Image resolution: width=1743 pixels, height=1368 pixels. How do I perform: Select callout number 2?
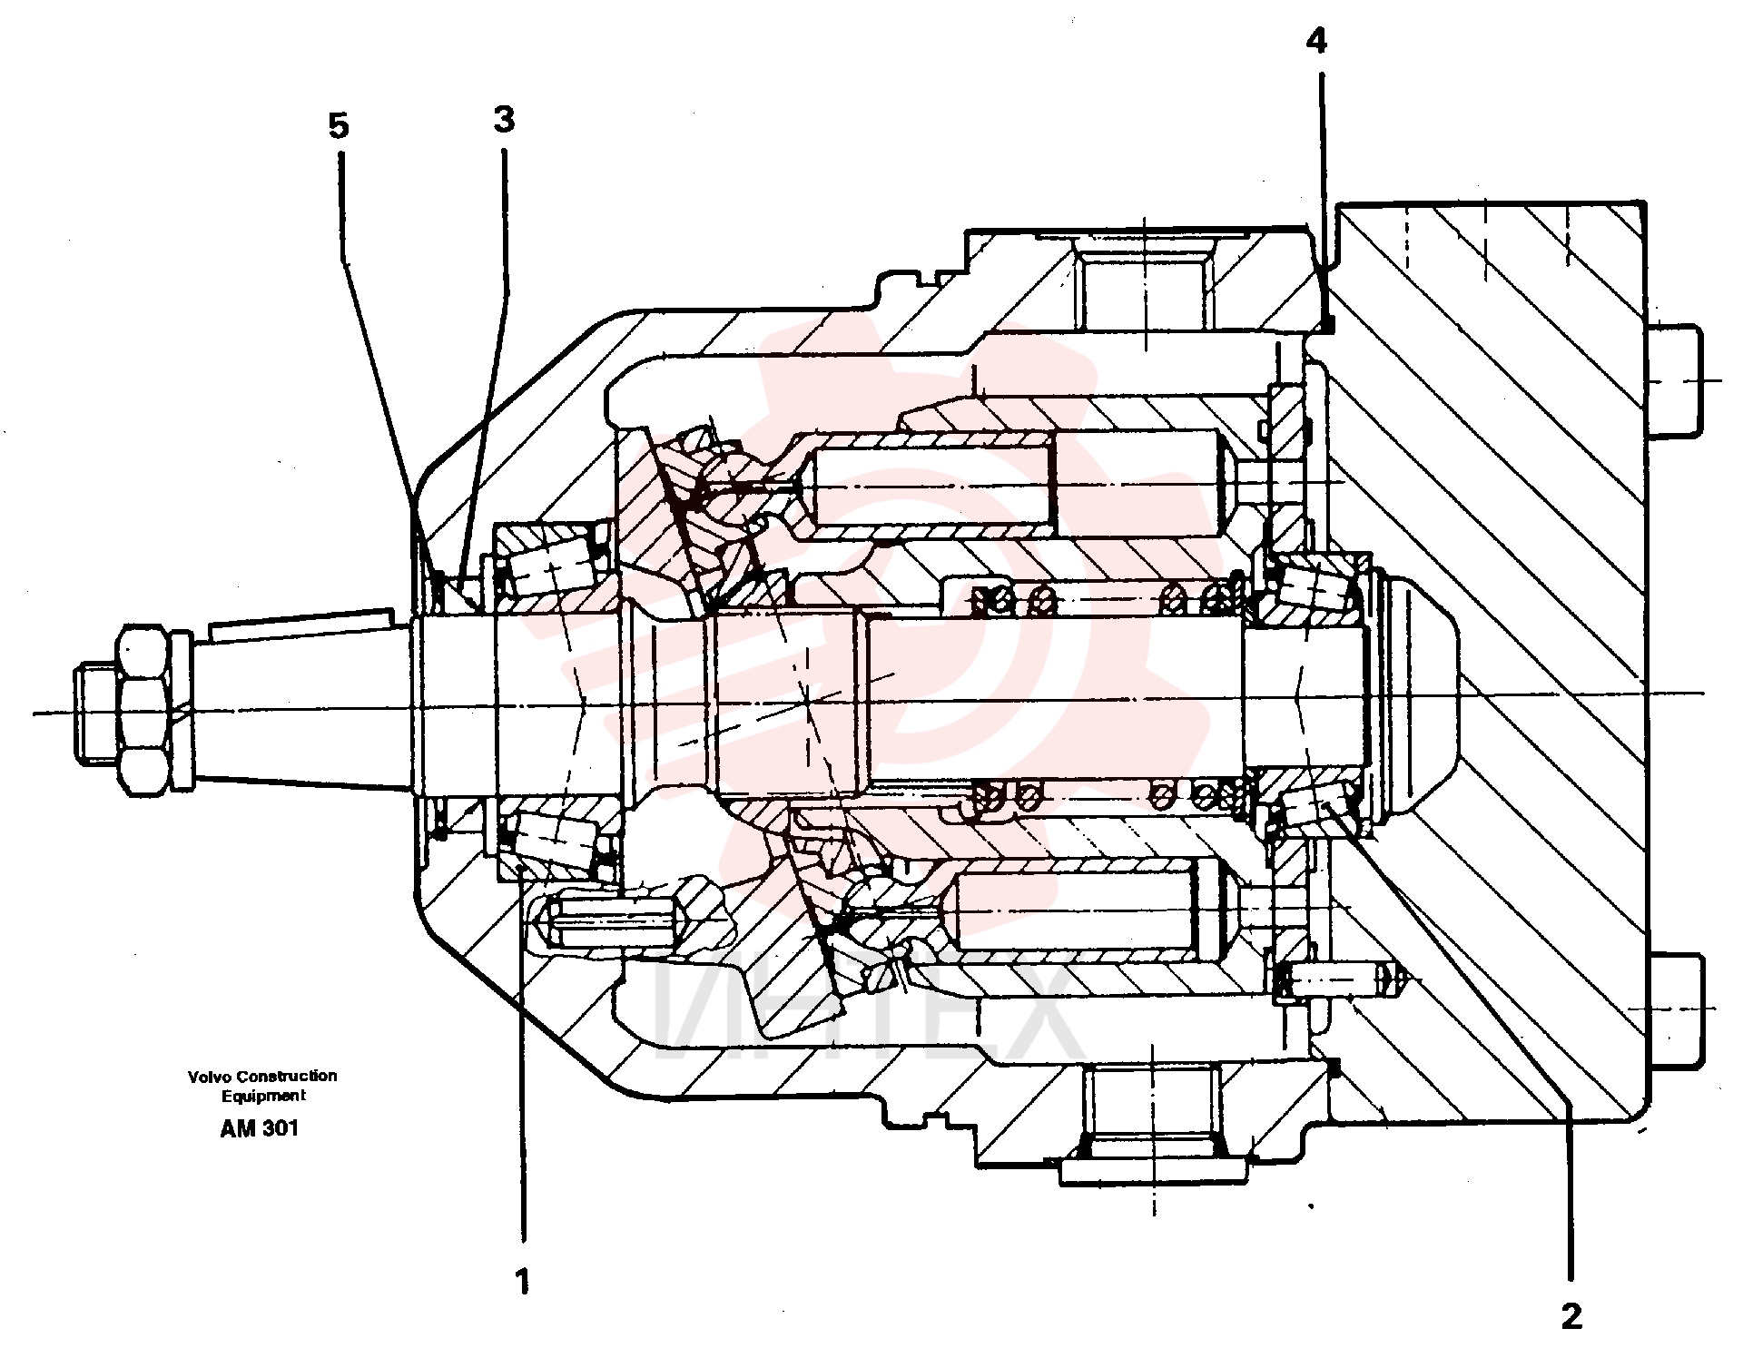[1571, 1315]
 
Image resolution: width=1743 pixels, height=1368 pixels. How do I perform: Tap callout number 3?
[504, 119]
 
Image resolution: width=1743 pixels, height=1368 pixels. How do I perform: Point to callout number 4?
[1316, 40]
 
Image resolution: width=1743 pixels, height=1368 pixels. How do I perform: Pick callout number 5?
[338, 126]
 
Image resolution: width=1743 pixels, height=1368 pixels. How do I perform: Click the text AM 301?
[259, 1128]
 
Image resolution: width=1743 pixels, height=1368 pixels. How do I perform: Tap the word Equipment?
[264, 1096]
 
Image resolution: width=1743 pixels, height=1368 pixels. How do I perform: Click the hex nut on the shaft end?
[144, 711]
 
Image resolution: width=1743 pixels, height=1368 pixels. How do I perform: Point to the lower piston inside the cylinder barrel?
[1089, 910]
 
